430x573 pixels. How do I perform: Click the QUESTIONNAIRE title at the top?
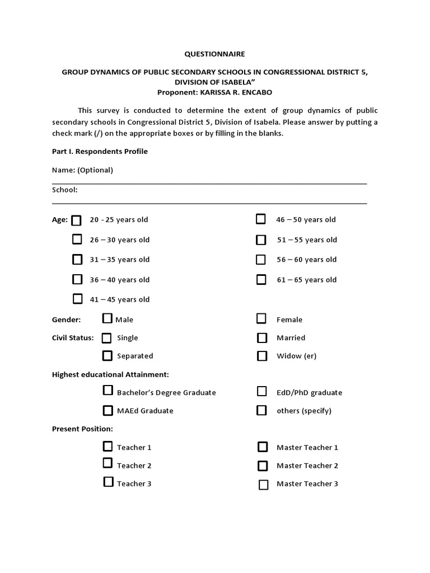[215, 54]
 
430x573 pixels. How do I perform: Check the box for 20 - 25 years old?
[77, 220]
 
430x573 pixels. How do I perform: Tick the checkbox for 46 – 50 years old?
[261, 219]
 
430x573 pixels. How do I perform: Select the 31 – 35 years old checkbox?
[77, 259]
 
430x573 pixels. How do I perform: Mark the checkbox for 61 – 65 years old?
[261, 279]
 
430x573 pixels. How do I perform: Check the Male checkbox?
[107, 319]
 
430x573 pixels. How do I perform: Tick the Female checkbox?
[261, 319]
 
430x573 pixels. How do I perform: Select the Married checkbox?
[261, 338]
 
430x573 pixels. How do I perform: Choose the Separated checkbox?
[107, 355]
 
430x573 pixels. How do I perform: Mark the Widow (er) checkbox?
[261, 356]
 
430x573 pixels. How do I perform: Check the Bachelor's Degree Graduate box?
[107, 391]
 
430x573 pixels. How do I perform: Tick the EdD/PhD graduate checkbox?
[261, 392]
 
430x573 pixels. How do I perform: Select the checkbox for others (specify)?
[261, 411]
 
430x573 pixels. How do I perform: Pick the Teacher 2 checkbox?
[107, 463]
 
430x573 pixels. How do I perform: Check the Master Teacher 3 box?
[263, 485]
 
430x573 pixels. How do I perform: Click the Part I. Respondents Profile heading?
[100, 152]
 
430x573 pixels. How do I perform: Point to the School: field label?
[65, 190]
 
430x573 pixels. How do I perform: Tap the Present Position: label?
[82, 429]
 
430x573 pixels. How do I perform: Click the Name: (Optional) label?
[82, 170]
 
